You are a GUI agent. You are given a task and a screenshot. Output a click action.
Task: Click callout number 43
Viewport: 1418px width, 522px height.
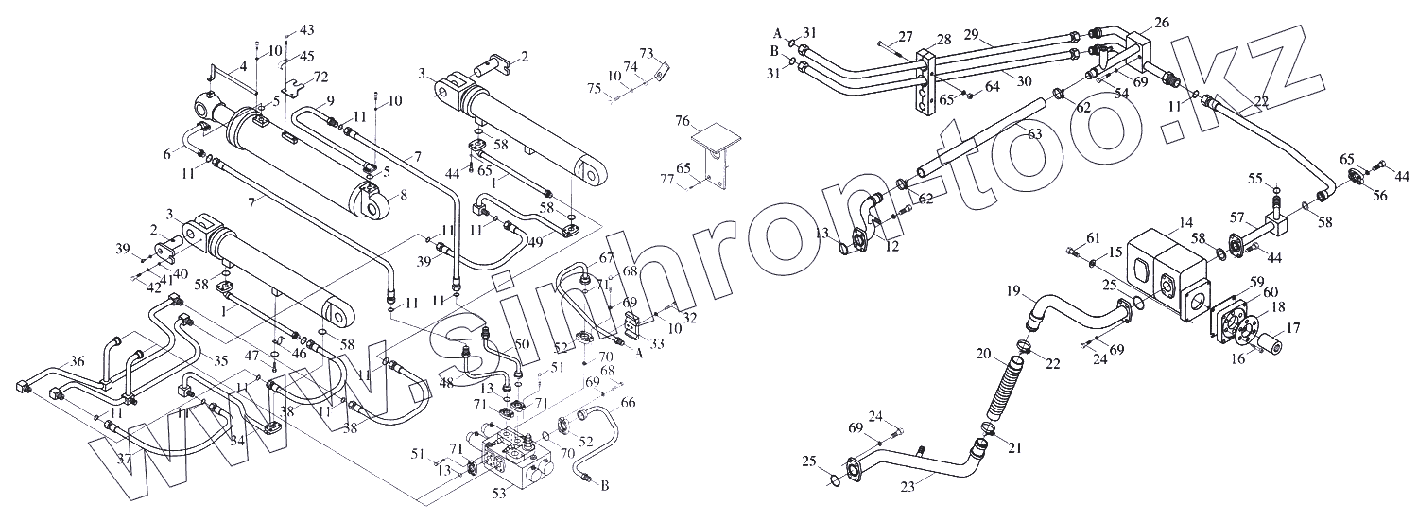pos(306,30)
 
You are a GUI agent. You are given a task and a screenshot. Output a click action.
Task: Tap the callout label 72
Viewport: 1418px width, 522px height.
pos(321,76)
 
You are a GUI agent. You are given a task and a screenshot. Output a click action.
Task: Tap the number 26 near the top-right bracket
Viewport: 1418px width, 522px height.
pos(1162,22)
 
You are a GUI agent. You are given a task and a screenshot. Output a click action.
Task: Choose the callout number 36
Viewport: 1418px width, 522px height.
pos(78,360)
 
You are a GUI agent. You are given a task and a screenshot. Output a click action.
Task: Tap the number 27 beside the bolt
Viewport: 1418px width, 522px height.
pos(906,36)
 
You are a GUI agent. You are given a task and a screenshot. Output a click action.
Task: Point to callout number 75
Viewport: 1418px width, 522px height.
pos(593,89)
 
